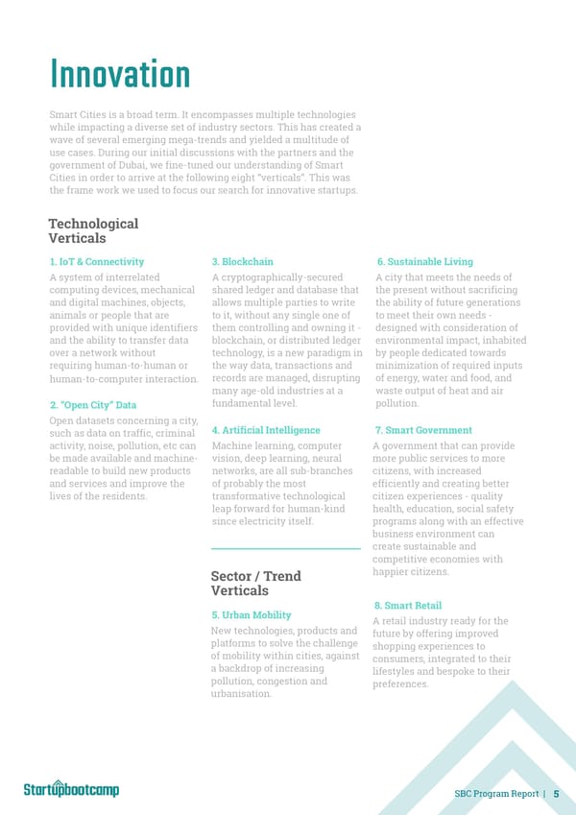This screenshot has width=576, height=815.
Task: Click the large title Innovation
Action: point(119,75)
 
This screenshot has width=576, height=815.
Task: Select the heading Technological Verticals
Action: point(92,230)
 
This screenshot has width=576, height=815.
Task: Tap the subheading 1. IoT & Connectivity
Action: point(96,261)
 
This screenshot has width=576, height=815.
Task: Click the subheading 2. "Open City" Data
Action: point(92,405)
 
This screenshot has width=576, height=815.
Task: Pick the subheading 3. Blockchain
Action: point(242,261)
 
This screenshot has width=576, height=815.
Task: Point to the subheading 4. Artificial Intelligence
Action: point(266,430)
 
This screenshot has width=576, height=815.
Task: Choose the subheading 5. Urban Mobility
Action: point(251,614)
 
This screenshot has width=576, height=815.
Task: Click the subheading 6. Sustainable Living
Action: point(424,261)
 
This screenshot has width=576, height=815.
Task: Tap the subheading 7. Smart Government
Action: point(424,430)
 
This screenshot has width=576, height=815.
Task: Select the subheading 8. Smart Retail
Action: point(407,605)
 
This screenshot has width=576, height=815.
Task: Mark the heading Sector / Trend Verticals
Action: point(255,583)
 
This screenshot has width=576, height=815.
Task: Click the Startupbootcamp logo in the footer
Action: point(71,789)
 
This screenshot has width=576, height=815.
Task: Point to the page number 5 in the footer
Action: point(557,793)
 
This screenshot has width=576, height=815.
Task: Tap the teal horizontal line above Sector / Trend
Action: point(285,548)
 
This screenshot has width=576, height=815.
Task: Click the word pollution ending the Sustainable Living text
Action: point(397,404)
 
